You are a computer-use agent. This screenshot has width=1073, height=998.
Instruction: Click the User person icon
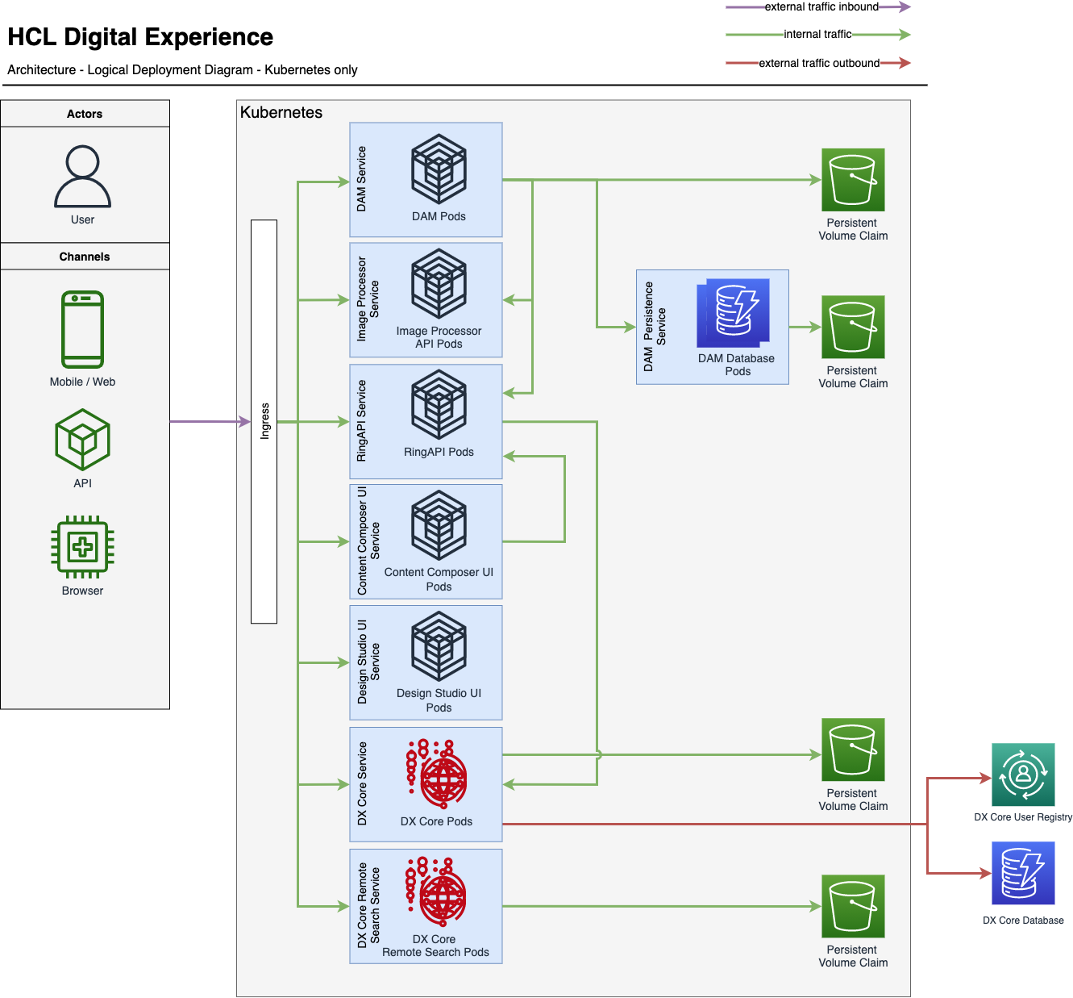point(83,176)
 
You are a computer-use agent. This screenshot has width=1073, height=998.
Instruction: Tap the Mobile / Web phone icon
point(82,329)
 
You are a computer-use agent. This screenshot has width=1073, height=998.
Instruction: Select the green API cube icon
point(82,440)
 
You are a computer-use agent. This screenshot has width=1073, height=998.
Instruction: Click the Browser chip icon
point(82,547)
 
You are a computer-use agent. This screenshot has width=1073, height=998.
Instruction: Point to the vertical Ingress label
point(264,421)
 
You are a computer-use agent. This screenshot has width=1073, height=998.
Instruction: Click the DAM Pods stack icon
point(439,169)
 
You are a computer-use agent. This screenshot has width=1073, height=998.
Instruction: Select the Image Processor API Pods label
point(439,337)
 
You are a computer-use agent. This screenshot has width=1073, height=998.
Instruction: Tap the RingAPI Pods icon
point(439,404)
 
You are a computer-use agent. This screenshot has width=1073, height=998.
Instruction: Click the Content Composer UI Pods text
point(439,579)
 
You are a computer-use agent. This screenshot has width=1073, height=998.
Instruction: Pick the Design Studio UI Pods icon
point(439,646)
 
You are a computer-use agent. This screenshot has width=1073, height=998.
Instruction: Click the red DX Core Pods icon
point(436,774)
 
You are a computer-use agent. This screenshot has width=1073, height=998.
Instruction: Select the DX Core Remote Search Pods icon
point(436,892)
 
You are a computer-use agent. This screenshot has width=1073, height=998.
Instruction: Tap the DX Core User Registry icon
point(1022,775)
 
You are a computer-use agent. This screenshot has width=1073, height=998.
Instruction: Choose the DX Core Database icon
point(1022,873)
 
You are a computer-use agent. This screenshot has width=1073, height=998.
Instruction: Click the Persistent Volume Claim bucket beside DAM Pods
point(853,180)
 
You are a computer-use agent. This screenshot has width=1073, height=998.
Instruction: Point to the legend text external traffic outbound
point(819,63)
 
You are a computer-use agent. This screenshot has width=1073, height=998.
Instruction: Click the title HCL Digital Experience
point(140,37)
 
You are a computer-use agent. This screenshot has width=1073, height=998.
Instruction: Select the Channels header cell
point(85,257)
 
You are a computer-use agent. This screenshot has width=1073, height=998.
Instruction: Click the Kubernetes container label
point(281,113)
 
